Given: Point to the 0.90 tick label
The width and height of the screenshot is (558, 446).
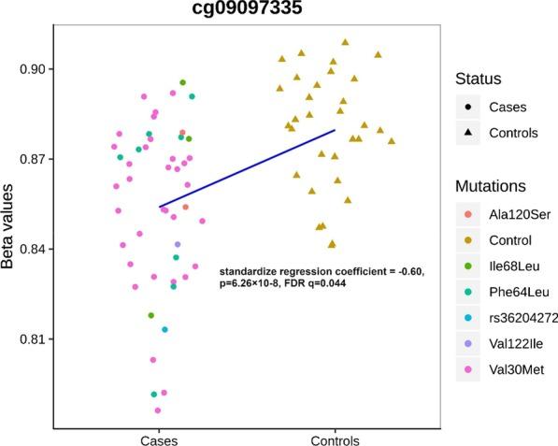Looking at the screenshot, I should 34,69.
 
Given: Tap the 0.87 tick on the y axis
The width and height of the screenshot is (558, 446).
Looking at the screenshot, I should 34,159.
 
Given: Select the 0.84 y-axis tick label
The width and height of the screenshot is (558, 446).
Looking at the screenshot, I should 34,249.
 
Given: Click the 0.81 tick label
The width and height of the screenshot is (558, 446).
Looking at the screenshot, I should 34,338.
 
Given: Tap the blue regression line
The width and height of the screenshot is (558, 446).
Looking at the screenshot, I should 247,168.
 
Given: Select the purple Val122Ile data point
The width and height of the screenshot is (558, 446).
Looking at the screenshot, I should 178,244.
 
